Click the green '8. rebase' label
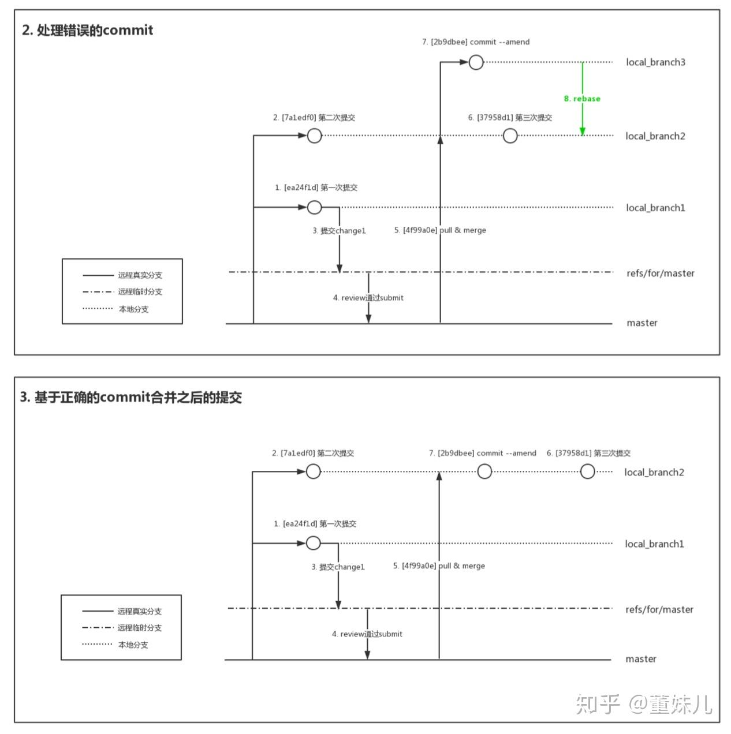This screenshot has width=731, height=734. pos(582,99)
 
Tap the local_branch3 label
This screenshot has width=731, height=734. pos(655,62)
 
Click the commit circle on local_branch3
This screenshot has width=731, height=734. pos(476,62)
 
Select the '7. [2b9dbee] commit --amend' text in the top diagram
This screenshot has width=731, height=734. pos(476,42)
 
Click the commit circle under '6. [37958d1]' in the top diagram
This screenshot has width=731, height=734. pos(510,136)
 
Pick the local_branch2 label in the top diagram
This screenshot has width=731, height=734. pos(655,136)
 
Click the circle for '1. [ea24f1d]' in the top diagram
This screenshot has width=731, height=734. pos(314,207)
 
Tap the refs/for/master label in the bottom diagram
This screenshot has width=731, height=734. pos(659,609)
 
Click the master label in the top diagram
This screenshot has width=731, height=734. pos(642,323)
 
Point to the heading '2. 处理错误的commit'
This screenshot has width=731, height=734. pos(88,30)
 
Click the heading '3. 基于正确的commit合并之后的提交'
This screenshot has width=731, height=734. pos(131,398)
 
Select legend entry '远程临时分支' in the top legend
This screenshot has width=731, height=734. pos(140,292)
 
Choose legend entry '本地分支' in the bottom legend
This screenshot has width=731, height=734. pos(133,645)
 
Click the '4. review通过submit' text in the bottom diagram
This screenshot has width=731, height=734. pos(367,634)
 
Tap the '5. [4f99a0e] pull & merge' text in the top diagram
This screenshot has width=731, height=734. pos(440,230)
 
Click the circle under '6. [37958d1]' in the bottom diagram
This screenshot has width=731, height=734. pos(587,472)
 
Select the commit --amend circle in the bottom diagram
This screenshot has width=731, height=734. pos(484,472)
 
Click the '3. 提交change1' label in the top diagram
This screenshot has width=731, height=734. pos(339,231)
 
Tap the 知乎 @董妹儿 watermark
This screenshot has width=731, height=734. pos(644,704)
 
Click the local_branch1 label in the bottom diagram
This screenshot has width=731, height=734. pos(654,544)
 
